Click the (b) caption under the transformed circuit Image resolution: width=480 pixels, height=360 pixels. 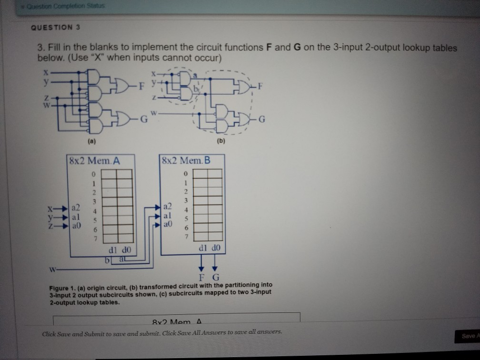[x=220, y=141]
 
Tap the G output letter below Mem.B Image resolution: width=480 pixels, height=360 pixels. [x=215, y=277]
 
